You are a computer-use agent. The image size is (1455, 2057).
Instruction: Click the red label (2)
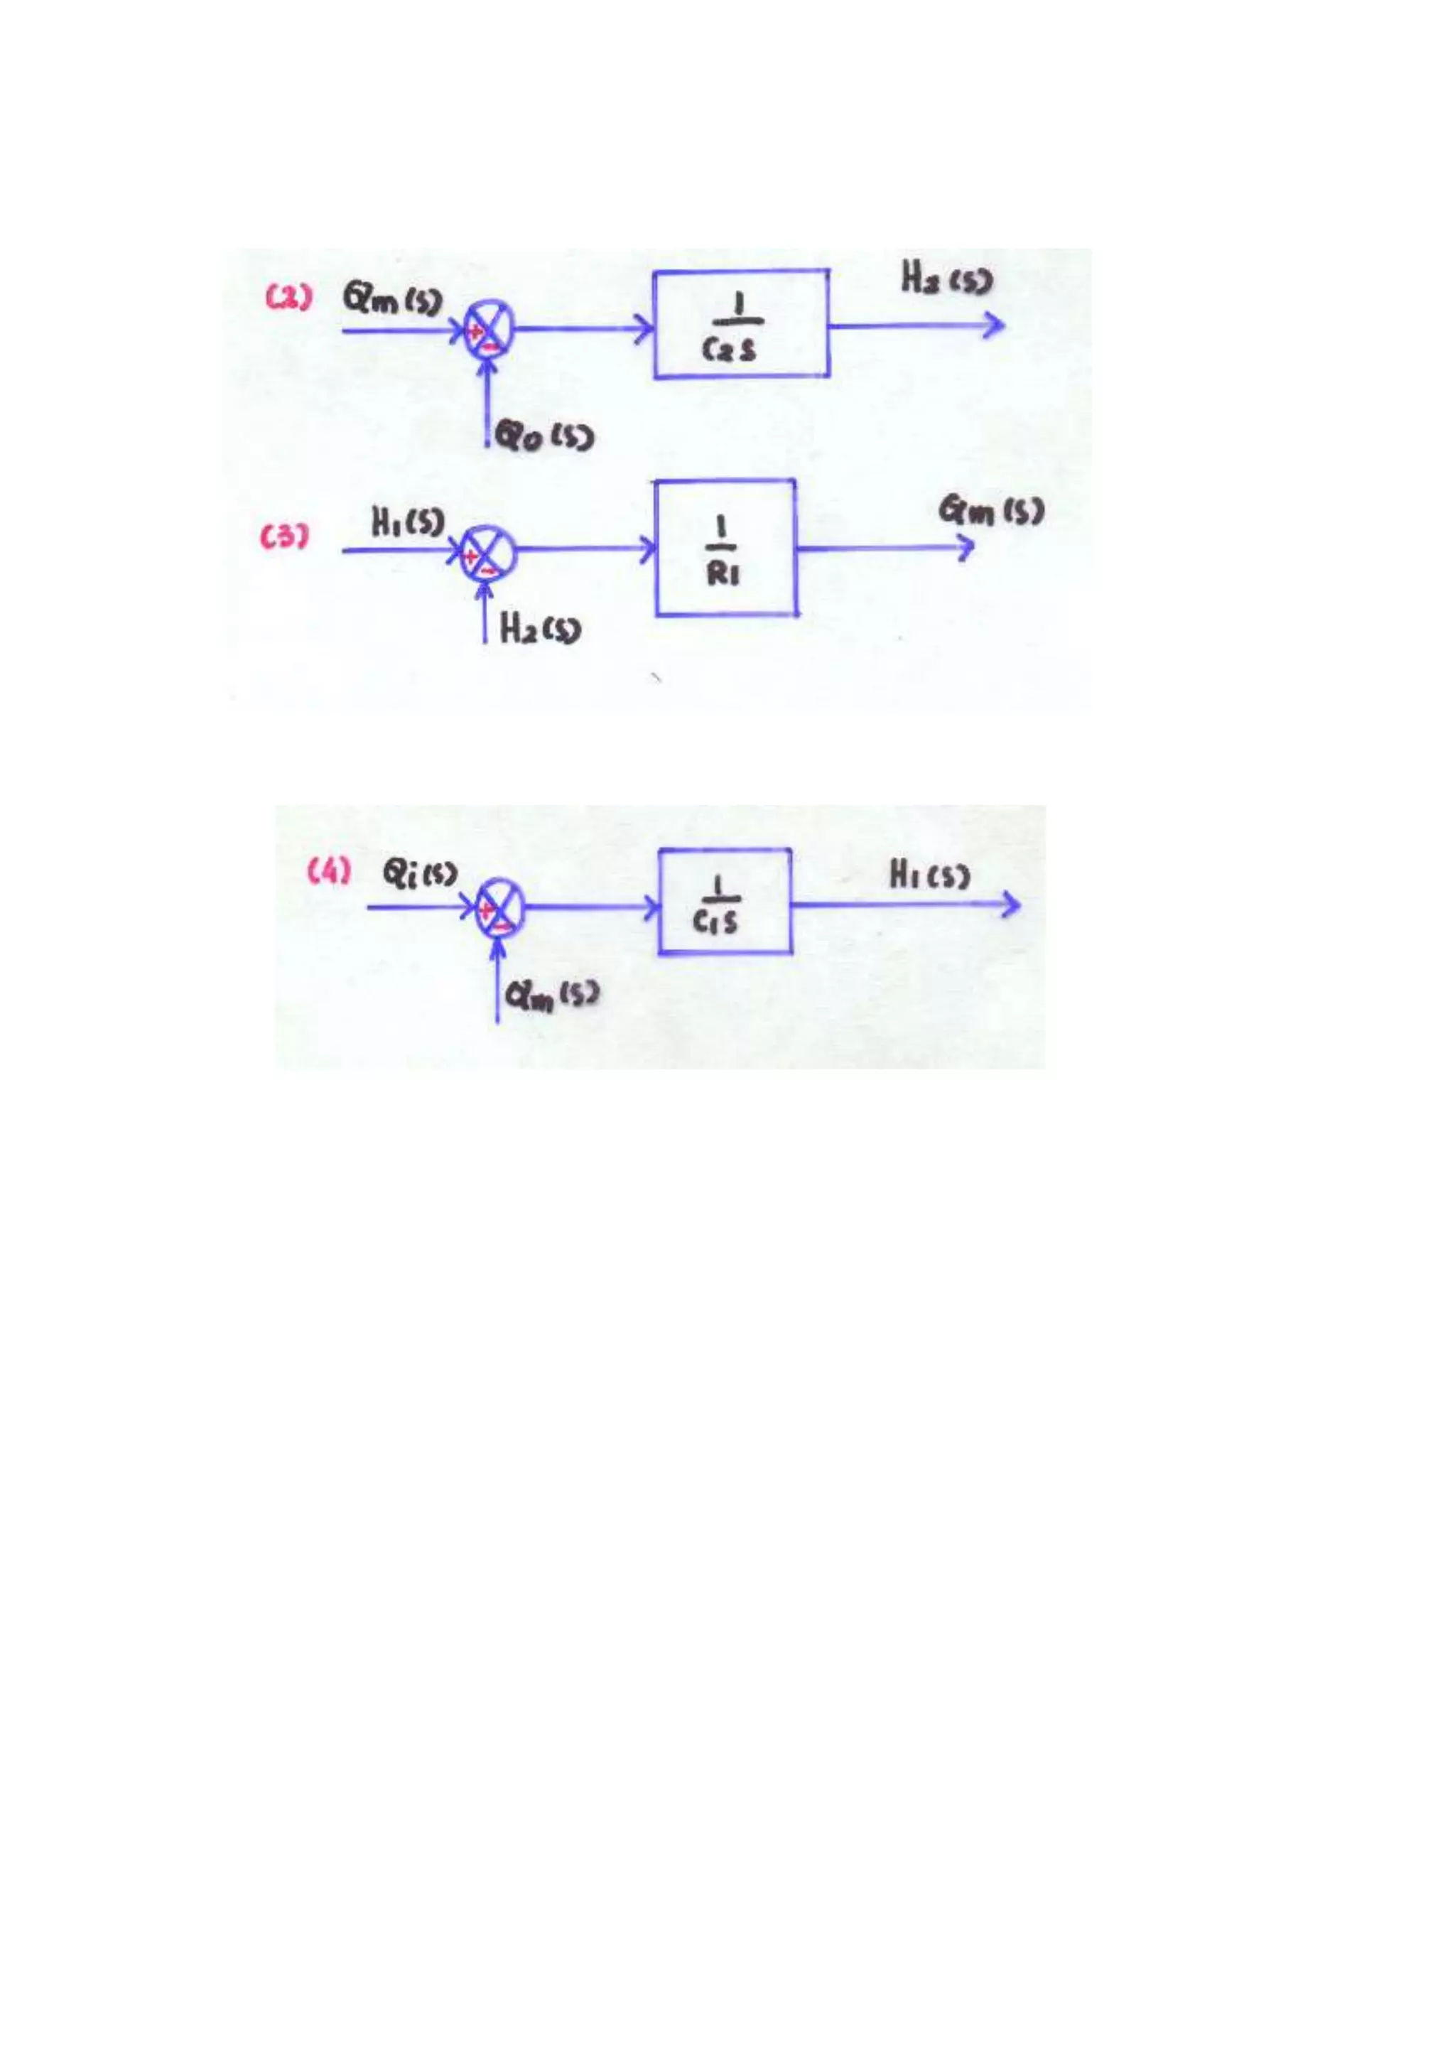click(288, 298)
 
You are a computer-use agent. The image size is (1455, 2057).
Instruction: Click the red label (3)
click(285, 538)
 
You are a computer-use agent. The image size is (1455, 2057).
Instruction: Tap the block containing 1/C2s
click(741, 324)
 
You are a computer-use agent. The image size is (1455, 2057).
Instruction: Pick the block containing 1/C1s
click(725, 901)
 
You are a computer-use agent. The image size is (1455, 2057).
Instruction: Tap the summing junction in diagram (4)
click(498, 907)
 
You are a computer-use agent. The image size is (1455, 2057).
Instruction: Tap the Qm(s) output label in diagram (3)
click(991, 512)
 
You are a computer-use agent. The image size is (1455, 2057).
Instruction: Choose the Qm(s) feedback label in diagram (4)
click(551, 995)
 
